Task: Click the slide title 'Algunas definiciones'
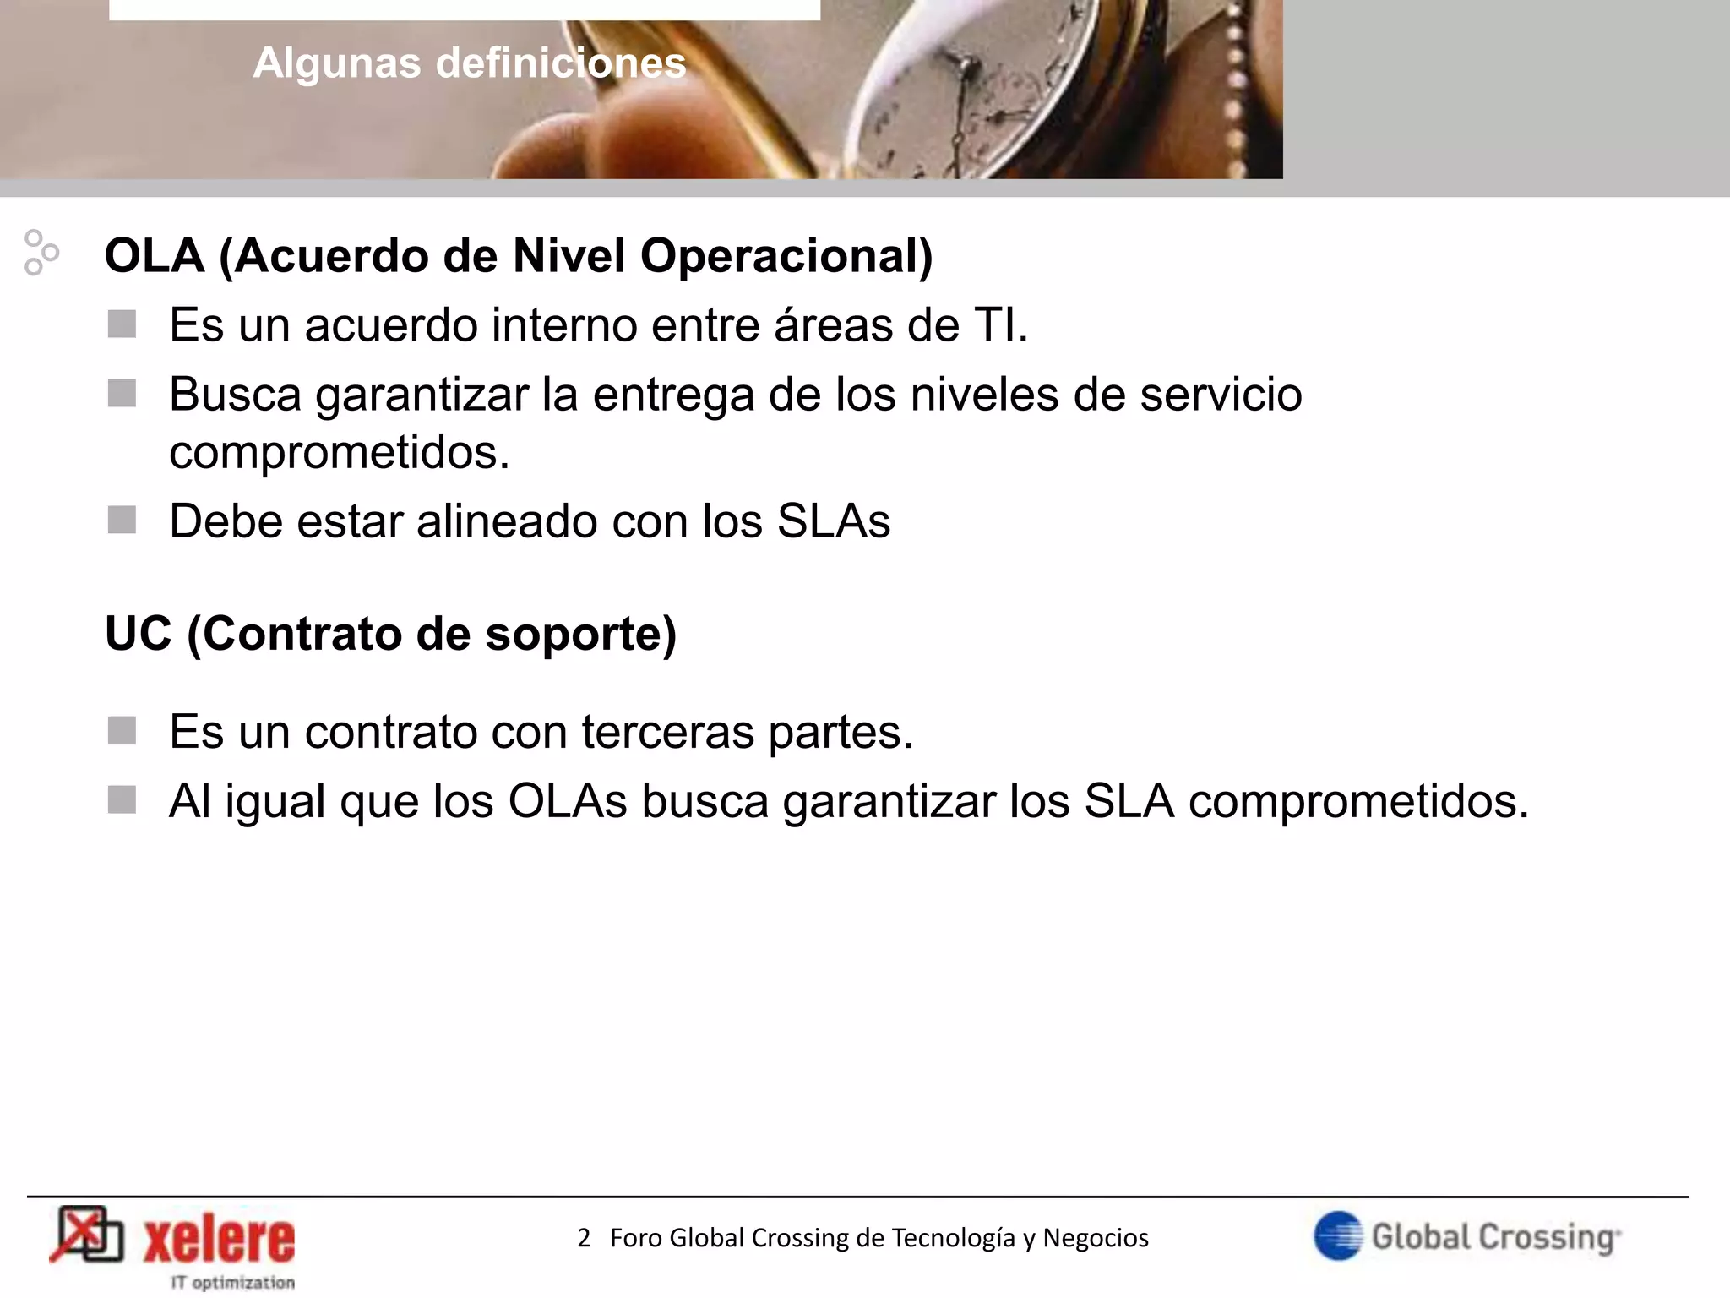(x=470, y=63)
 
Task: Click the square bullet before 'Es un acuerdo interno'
(x=122, y=324)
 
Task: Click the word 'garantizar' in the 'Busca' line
(x=422, y=395)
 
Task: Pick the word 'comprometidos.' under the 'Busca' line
(x=340, y=452)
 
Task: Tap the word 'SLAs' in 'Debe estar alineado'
(x=833, y=521)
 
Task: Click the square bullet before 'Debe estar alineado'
(x=122, y=521)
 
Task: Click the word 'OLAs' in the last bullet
(x=568, y=801)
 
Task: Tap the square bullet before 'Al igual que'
(x=122, y=800)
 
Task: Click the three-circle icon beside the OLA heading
(x=41, y=252)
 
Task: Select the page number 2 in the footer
(x=584, y=1238)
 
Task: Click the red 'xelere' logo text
(x=219, y=1241)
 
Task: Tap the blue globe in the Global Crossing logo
(x=1338, y=1235)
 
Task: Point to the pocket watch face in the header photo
(x=971, y=110)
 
